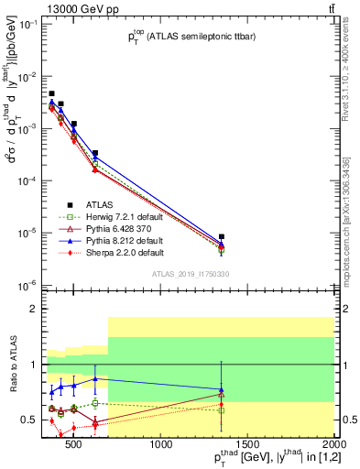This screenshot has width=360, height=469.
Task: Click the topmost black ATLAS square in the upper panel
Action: coord(52,93)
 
